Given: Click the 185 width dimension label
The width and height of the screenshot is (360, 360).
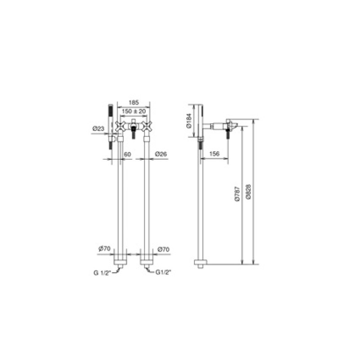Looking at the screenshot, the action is pos(134,102).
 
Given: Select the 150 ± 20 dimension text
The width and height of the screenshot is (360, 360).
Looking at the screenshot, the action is pos(134,111).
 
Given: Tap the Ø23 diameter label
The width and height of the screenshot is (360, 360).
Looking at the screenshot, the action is pos(98,129).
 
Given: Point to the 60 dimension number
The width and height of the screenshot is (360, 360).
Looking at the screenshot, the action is pos(127,154).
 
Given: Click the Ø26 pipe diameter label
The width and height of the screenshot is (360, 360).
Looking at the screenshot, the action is pos(161,154).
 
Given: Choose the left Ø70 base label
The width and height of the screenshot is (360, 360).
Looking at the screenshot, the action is pos(104,248).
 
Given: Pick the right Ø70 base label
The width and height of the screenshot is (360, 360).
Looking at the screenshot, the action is pos(163,249).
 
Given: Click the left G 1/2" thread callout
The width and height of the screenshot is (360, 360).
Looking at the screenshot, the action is pos(102,273).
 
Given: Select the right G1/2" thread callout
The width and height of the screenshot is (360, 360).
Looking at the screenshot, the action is pos(164,272).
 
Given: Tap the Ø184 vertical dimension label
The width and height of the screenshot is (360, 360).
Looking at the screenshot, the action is pos(189,121).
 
